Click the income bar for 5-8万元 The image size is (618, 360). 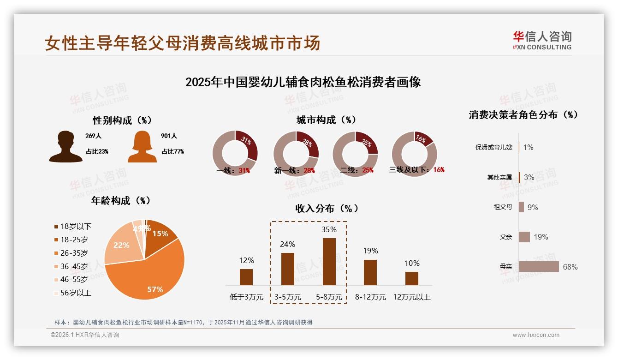[x=329, y=261]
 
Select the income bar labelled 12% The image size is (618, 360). [x=246, y=277]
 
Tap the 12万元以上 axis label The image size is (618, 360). [x=411, y=297]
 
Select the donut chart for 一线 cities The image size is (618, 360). [x=235, y=153]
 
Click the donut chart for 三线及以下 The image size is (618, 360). [x=414, y=153]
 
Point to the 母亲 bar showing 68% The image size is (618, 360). [x=538, y=267]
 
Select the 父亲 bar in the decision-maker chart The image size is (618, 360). [x=524, y=237]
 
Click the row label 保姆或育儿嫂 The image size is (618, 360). [x=493, y=148]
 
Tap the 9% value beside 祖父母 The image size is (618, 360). [x=533, y=207]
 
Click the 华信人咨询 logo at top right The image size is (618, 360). [x=542, y=40]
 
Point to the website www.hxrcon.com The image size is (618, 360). [x=536, y=335]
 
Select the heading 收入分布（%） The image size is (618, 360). [x=327, y=208]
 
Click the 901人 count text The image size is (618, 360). [x=169, y=136]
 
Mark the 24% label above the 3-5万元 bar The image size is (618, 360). [x=287, y=244]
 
